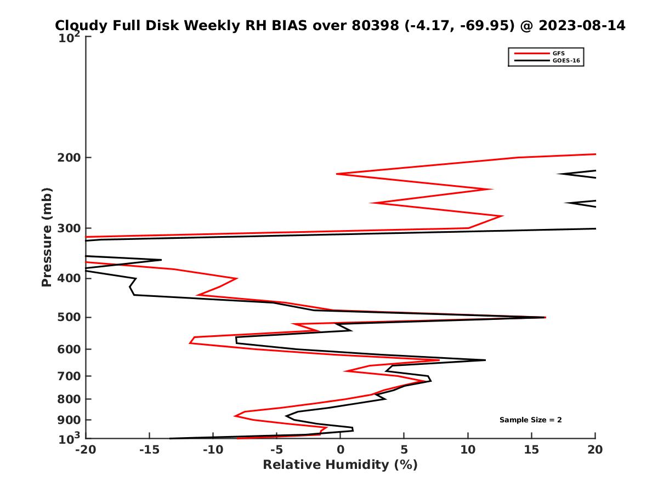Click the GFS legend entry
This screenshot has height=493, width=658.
559,53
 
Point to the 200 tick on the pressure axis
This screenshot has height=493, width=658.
70,158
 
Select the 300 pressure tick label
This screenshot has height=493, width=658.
70,228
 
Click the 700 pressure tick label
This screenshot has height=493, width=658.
70,376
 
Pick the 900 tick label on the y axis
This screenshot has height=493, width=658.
70,420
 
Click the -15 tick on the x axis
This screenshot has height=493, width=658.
149,450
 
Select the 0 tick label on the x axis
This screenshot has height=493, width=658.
340,450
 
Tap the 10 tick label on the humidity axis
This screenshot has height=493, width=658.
468,450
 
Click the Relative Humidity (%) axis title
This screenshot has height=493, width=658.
340,465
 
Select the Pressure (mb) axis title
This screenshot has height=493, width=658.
47,237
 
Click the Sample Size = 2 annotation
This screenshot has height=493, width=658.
530,420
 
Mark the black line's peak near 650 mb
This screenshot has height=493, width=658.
485,360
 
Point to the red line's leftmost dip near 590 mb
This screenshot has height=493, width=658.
190,343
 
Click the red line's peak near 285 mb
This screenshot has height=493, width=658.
502,216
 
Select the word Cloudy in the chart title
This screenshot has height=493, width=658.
80,26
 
